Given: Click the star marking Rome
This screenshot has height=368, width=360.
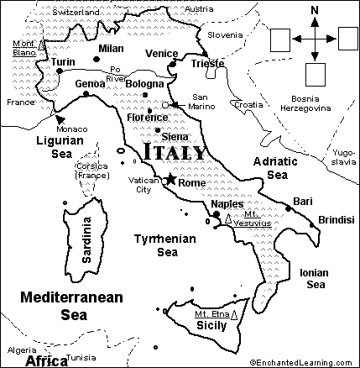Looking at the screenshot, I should point(171,179).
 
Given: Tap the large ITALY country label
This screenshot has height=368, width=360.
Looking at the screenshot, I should point(174,153).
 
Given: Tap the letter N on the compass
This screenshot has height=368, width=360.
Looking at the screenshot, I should point(315,11).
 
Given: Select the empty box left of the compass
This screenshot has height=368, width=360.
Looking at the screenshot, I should point(282,38).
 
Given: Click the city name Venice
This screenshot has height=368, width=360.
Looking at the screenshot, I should point(161,53).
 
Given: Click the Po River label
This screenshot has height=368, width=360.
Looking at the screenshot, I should point(114,73).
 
